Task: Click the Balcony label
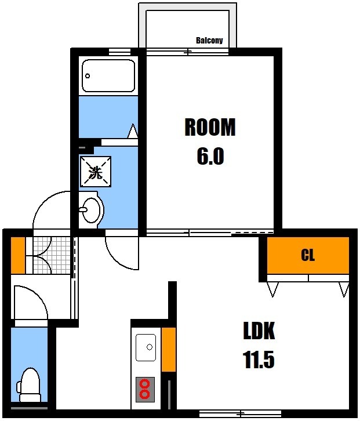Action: (x=209, y=41)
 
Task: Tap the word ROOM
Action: (x=210, y=127)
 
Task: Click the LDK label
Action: (x=259, y=331)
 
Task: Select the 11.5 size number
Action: (x=259, y=360)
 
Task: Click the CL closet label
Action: (x=308, y=255)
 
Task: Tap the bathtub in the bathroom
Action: (x=108, y=75)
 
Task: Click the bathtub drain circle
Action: (x=88, y=76)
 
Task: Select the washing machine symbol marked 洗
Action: (x=96, y=172)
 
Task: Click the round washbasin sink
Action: (x=91, y=210)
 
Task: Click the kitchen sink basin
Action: (x=146, y=347)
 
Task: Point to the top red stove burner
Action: (x=146, y=383)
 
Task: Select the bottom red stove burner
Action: (x=146, y=394)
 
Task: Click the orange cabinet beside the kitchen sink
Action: (x=169, y=349)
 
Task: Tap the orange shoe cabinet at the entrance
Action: (x=18, y=255)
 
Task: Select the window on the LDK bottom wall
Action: (x=240, y=413)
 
